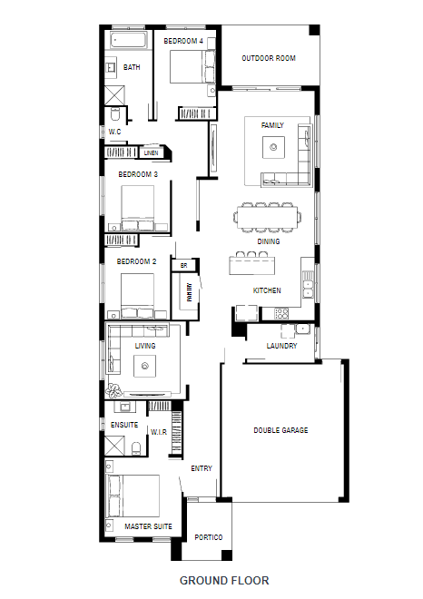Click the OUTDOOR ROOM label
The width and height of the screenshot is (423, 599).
269,58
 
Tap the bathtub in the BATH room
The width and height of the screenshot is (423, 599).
128,40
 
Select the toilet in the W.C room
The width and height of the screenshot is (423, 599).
115,113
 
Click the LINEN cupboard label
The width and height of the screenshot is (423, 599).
152,152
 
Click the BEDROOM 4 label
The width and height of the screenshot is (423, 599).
183,41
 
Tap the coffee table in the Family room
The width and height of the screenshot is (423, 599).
273,147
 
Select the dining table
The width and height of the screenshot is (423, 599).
268,218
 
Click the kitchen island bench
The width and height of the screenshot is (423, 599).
252,265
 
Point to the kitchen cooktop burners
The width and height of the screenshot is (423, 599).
281,314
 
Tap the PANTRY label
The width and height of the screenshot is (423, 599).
189,292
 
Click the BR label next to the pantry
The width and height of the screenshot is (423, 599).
184,266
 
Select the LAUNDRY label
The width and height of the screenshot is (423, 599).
281,346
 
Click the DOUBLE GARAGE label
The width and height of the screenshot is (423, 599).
280,430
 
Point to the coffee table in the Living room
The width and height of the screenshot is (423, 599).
144,366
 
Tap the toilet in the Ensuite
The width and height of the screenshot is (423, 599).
136,448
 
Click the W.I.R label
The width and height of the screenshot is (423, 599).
159,432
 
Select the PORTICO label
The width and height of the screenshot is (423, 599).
209,537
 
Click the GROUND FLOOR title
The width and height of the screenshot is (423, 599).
224,581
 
